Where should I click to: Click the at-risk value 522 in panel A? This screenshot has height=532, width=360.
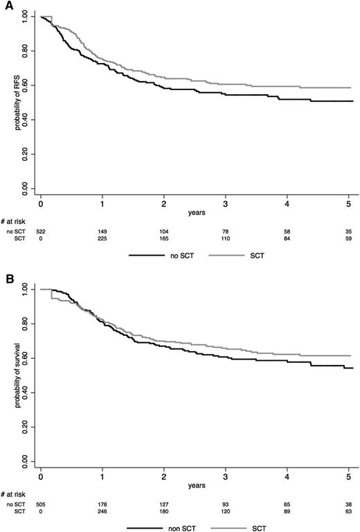pos(41,230)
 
